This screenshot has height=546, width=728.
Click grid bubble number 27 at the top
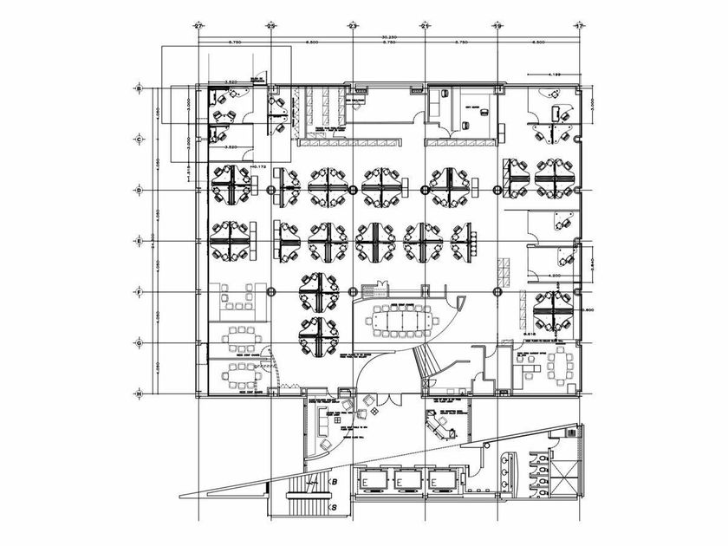point(198,27)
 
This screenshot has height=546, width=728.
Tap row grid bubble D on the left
point(138,189)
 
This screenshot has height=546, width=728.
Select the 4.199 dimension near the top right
point(556,75)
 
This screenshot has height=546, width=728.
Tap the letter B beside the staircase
point(333,483)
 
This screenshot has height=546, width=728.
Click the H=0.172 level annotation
point(257,165)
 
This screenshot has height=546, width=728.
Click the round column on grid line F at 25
point(271,291)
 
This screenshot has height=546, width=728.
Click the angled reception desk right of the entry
point(443,425)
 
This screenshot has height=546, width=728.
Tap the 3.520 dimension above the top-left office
point(231,83)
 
